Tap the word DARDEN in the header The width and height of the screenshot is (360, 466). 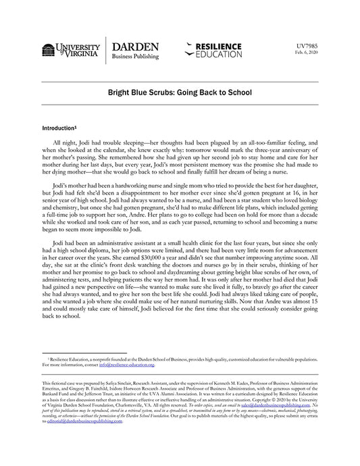click(136, 47)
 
